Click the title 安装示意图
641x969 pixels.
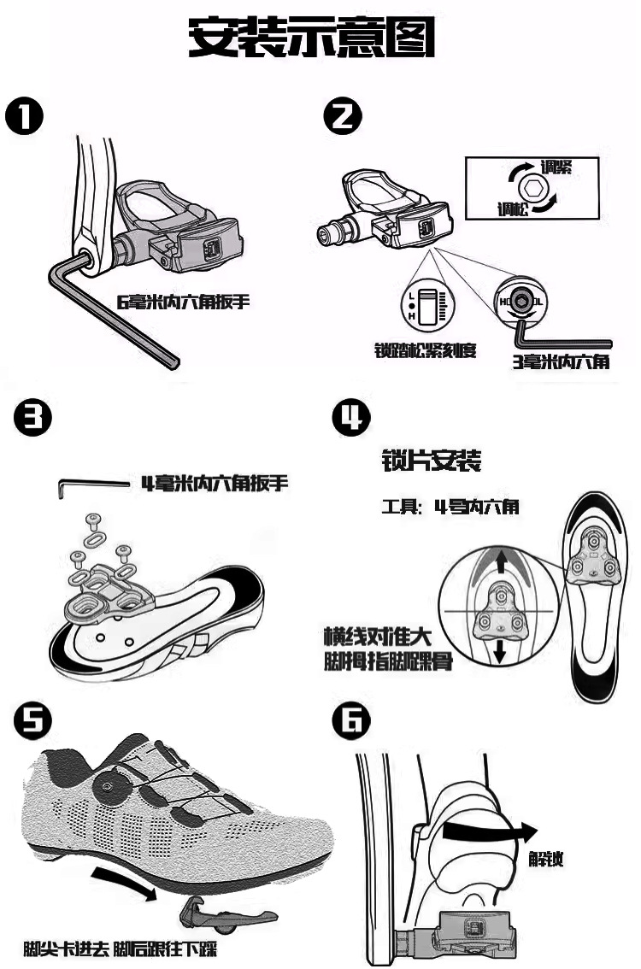(312, 38)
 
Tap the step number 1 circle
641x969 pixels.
(26, 117)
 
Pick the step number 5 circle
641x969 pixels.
(31, 722)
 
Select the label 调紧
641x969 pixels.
(556, 167)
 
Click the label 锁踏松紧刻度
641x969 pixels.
(425, 350)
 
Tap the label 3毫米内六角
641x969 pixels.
(560, 361)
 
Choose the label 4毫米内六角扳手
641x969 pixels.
(215, 484)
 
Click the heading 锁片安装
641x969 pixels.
(431, 462)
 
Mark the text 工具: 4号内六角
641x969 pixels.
(450, 507)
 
